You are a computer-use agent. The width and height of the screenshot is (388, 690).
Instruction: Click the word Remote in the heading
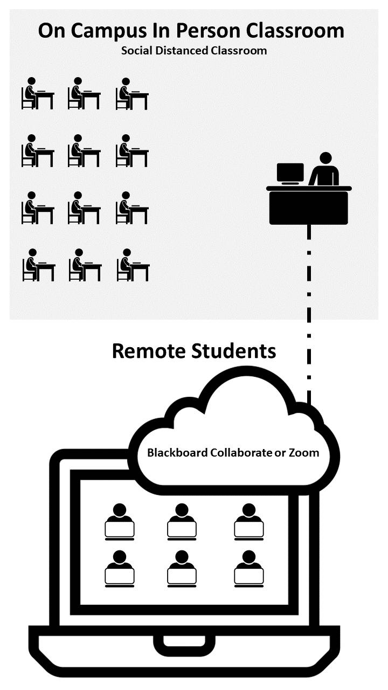148,351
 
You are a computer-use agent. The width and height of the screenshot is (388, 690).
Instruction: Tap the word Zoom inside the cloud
304,452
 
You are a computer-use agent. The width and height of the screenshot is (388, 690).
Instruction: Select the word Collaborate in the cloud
241,452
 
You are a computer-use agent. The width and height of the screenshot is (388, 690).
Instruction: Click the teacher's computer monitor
290,173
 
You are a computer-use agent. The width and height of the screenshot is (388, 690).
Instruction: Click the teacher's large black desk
309,207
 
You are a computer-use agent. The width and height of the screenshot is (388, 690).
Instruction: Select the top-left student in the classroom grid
37,94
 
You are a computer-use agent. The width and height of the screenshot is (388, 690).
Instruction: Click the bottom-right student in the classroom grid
133,265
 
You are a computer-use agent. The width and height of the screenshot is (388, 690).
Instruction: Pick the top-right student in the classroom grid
131,94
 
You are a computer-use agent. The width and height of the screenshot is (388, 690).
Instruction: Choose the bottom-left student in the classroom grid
38,265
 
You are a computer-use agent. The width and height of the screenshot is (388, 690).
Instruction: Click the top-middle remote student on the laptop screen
182,521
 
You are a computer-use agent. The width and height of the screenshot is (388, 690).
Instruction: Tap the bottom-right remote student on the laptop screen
248,568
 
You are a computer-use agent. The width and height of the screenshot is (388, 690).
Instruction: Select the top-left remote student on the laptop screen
119,521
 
